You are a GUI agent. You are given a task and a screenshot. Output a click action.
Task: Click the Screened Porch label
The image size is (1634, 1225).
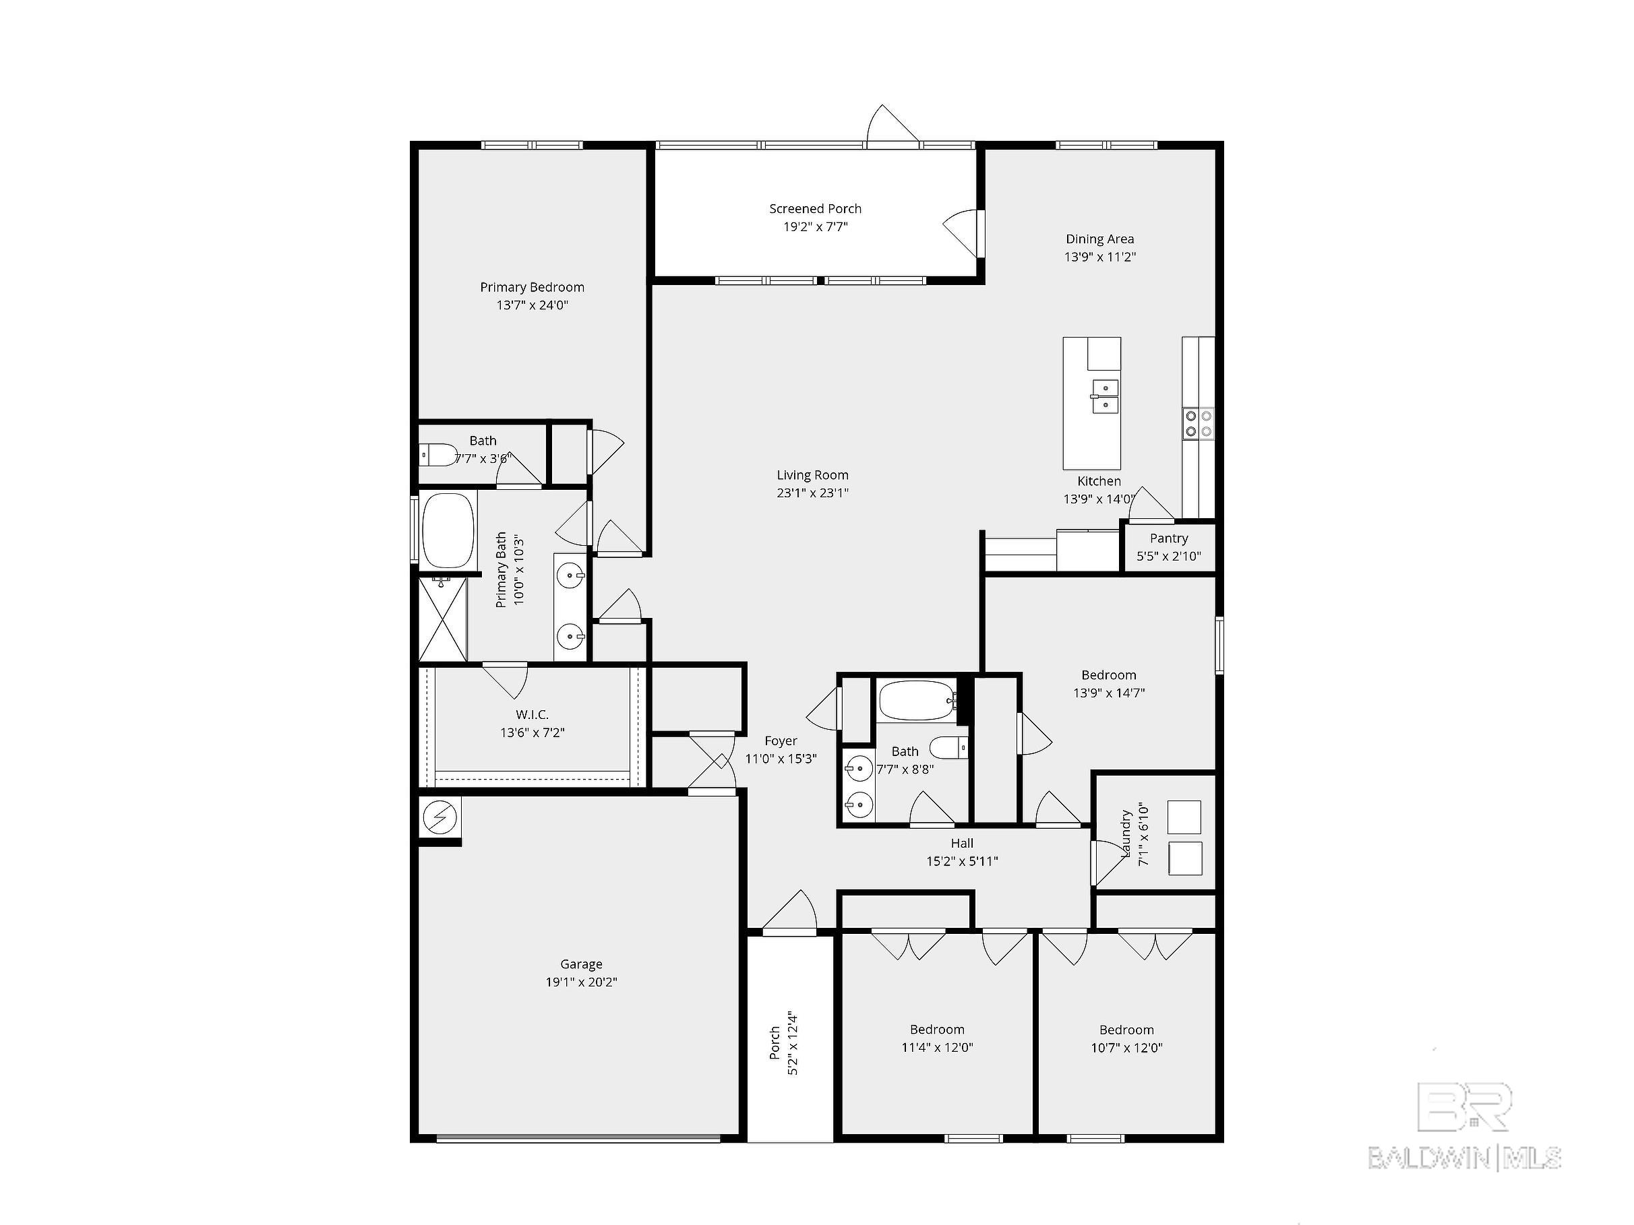click(815, 209)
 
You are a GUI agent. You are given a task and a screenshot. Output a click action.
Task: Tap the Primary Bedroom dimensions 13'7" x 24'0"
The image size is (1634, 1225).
click(532, 305)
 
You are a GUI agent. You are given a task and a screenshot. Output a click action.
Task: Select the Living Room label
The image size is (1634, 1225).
click(812, 476)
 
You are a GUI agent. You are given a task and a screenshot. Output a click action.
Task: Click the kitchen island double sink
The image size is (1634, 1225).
click(1104, 396)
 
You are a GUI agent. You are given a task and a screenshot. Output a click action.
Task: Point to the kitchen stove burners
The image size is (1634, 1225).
click(1198, 423)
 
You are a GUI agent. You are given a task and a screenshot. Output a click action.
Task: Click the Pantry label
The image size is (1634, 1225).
click(1169, 538)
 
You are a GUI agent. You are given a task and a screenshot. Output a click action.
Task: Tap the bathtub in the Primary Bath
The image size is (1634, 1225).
click(448, 530)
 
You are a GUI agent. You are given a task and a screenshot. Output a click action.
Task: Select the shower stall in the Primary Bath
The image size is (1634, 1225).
click(442, 619)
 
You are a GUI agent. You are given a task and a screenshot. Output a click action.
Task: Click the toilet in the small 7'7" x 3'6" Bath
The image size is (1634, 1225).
click(437, 455)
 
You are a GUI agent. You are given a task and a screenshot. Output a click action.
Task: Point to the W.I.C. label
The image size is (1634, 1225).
click(532, 715)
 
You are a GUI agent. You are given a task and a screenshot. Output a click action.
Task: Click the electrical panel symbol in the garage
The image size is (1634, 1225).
click(440, 817)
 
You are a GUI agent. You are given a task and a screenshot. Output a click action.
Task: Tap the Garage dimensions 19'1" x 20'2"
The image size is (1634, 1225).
click(581, 982)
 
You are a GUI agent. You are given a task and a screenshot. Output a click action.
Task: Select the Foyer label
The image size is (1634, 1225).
click(781, 741)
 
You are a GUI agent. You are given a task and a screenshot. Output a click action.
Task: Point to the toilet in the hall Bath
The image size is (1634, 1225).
click(948, 748)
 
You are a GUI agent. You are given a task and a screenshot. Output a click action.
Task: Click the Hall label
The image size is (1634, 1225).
click(962, 843)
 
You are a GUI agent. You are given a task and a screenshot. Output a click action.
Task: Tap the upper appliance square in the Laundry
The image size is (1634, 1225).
click(1184, 817)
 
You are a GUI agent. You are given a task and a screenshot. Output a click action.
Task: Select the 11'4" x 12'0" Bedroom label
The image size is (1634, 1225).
click(937, 1030)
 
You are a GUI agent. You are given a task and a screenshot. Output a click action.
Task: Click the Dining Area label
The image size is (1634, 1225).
click(1099, 239)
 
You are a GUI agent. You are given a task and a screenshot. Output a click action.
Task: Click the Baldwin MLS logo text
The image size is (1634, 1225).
click(1464, 1157)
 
